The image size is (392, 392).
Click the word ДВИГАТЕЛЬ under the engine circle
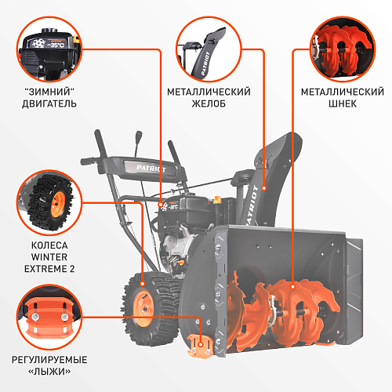click(x=49, y=103)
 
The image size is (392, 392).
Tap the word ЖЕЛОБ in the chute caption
click(x=209, y=103)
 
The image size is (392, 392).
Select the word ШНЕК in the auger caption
click(x=343, y=103)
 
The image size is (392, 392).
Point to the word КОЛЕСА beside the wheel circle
click(x=49, y=245)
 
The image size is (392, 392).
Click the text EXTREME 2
click(x=49, y=269)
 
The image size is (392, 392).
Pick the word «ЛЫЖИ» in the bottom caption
click(x=49, y=372)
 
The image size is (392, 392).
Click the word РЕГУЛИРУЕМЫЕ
click(x=49, y=360)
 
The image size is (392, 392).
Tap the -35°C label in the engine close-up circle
click(x=56, y=45)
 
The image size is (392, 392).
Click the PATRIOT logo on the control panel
click(x=151, y=169)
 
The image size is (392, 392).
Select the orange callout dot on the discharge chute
click(x=264, y=188)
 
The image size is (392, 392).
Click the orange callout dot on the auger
click(x=292, y=287)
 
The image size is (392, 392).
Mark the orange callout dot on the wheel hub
click(x=143, y=284)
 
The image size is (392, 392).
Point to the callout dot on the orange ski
click(x=201, y=344)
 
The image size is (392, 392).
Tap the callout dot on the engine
click(x=161, y=205)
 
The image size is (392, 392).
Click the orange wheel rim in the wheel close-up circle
click(x=58, y=205)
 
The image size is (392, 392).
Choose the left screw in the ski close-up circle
click(x=34, y=317)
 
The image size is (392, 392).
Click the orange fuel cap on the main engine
click(x=217, y=200)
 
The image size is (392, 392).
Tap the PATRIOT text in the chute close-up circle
click(x=205, y=64)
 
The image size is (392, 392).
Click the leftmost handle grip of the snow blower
click(x=88, y=161)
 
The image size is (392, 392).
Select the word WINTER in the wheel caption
click(x=49, y=257)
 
